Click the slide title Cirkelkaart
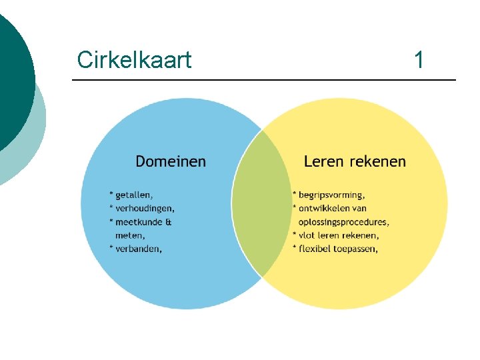134,60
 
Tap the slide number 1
419,60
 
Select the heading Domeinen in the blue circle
171,161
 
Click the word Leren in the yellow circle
323,161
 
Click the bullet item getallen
133,195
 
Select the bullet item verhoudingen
145,208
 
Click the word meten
130,235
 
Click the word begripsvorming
331,195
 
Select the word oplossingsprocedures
344,221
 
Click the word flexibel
317,249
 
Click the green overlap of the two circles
262,203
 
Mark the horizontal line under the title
264,81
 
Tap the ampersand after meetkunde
169,221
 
